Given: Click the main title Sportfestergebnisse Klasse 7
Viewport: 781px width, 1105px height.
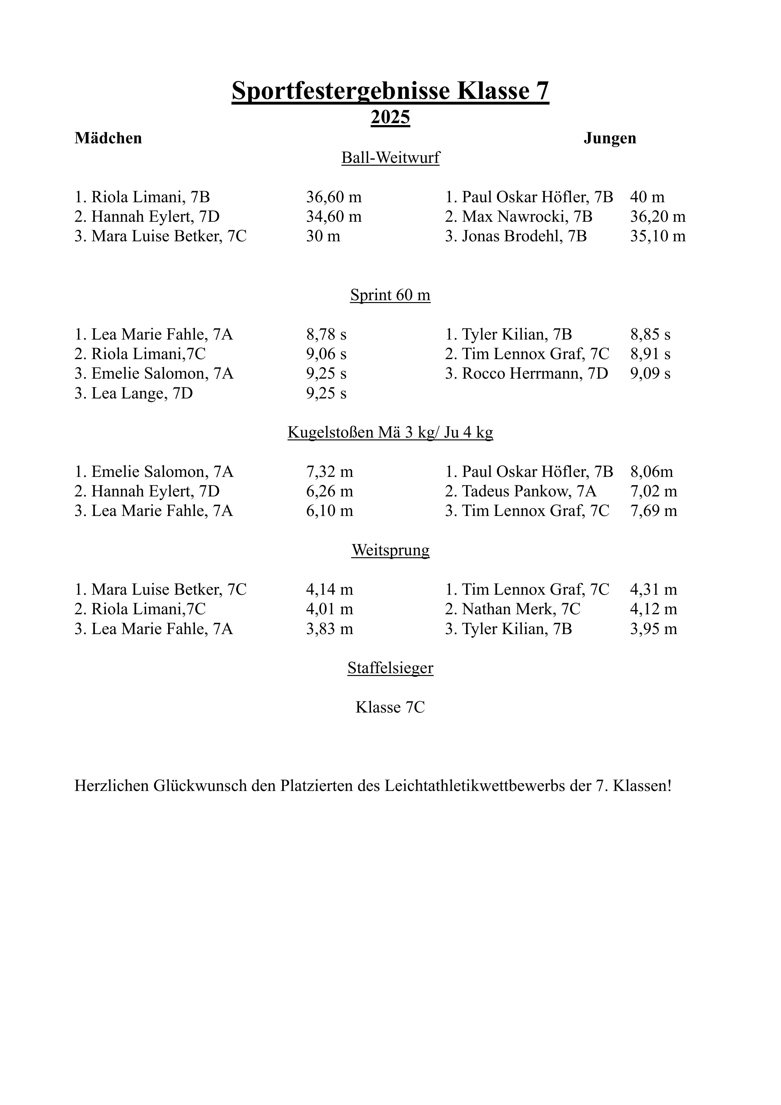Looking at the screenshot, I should pos(390,90).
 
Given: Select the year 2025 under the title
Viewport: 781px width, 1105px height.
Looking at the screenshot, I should pos(390,117).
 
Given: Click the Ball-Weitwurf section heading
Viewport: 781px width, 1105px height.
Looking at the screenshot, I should pos(390,158).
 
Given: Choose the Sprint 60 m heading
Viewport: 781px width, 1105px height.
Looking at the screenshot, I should pos(390,295).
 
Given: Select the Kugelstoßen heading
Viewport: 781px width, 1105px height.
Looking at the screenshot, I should pos(390,432).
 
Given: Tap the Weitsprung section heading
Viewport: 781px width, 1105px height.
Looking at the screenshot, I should pos(390,550).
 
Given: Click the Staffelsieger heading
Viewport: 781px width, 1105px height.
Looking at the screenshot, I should pos(390,668).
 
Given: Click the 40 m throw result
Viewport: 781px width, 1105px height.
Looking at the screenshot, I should pos(647,197).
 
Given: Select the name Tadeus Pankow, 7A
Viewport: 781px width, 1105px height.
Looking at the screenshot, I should pos(521,491).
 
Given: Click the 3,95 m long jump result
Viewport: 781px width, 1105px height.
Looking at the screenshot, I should pos(653,629).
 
